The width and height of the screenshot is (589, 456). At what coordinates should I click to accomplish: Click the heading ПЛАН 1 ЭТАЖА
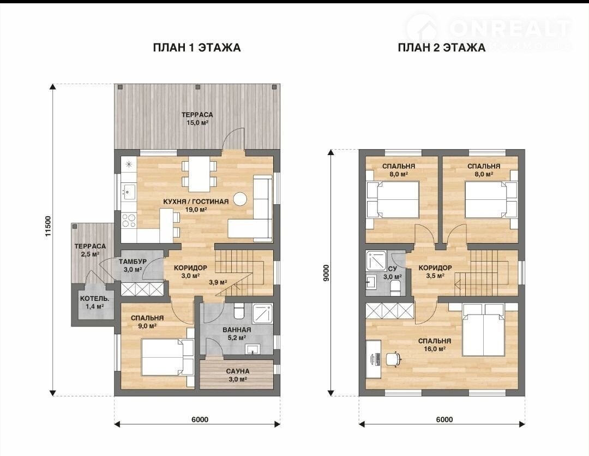tap(197, 48)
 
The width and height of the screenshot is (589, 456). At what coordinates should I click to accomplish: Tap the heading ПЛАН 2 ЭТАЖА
tap(441, 48)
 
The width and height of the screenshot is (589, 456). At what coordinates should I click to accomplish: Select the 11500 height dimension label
tap(48, 226)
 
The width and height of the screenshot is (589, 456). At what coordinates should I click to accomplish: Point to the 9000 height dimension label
tap(326, 273)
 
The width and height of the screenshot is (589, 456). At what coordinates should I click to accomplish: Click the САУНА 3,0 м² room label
tap(238, 375)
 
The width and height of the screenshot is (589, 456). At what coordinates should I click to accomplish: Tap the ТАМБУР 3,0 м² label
tap(133, 265)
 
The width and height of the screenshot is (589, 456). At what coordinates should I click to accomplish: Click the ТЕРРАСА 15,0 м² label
tap(197, 119)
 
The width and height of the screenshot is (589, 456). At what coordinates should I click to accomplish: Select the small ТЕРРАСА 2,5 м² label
tap(90, 250)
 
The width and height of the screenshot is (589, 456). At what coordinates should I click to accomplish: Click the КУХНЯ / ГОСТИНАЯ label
tap(196, 202)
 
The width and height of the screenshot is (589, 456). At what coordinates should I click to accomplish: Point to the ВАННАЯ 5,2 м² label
tap(237, 334)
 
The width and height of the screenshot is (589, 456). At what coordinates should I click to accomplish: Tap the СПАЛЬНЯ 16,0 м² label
tap(435, 345)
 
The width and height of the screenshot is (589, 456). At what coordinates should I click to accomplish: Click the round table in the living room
tap(239, 199)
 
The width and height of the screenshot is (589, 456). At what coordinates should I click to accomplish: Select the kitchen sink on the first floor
tap(129, 191)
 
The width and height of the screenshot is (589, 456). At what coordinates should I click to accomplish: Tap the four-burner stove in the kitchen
tap(129, 220)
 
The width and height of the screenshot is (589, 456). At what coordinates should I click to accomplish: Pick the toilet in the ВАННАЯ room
tap(239, 311)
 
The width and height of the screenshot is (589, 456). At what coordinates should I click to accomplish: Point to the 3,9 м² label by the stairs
tap(218, 282)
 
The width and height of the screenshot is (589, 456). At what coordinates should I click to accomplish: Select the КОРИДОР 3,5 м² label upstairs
tap(435, 271)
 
